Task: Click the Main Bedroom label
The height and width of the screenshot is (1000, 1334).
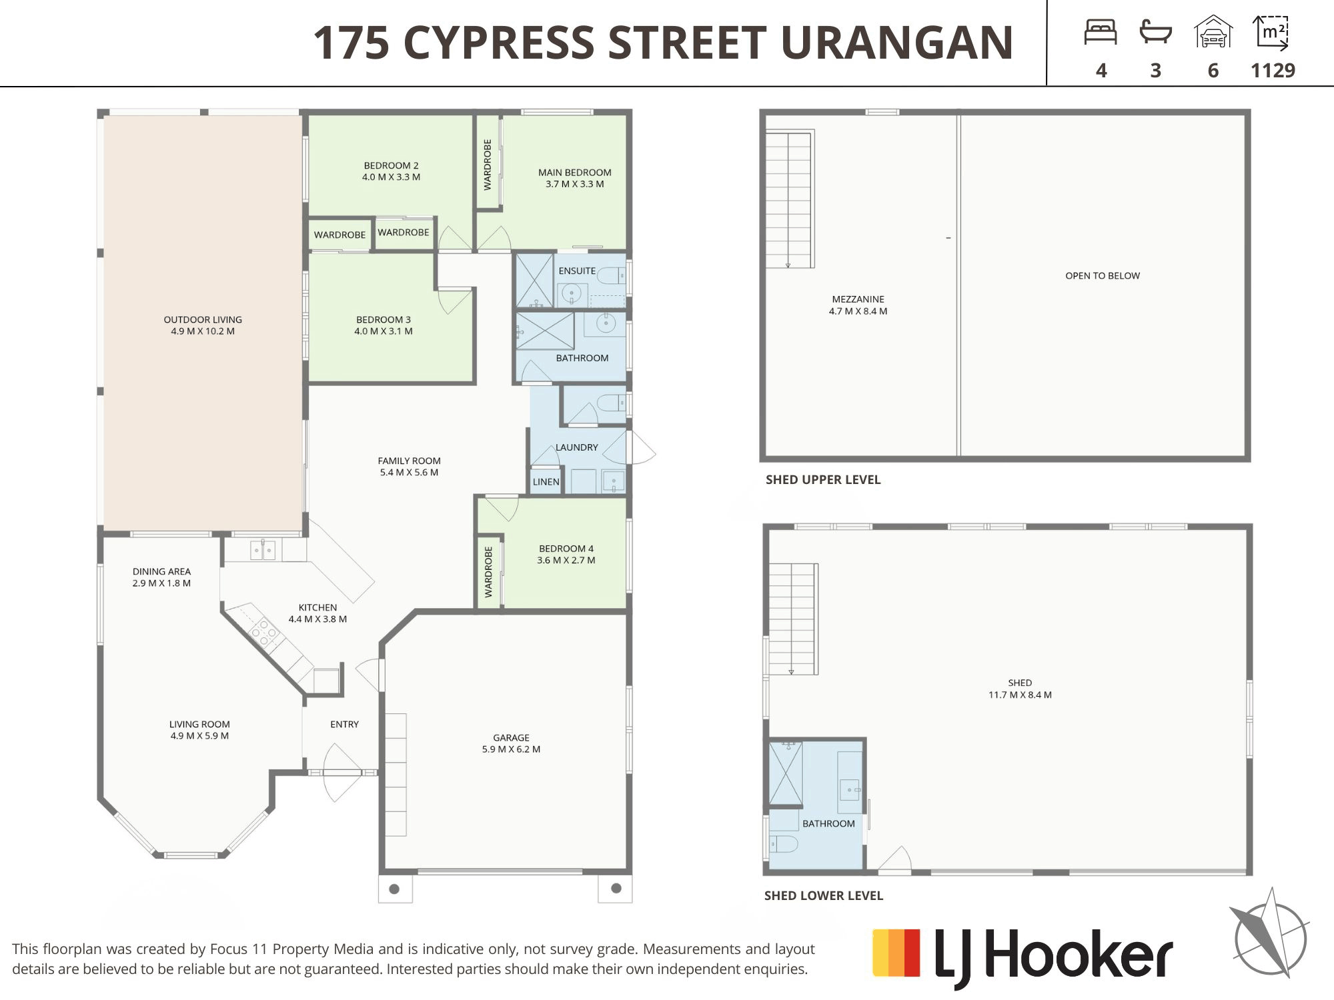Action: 574,178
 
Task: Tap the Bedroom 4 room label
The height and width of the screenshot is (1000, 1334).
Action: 566,554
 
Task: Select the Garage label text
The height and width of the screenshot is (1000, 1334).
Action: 511,743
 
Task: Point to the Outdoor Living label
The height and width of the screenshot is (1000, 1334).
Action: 203,325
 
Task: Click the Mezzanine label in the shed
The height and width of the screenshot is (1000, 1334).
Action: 858,305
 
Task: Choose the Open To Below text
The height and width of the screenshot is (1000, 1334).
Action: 1103,276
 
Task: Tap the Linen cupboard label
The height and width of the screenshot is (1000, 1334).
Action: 546,482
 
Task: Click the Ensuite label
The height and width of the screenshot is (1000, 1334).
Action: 577,271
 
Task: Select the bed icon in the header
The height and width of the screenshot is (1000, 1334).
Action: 1101,32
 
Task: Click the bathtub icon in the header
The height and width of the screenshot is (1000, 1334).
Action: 1156,32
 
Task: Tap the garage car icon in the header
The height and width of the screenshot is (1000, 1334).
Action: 1213,32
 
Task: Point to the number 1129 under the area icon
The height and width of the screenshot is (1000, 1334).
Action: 1273,71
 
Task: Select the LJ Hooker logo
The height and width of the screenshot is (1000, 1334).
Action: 1023,957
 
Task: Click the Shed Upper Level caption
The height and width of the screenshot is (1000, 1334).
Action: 823,480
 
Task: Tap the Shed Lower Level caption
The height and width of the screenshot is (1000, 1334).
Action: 824,896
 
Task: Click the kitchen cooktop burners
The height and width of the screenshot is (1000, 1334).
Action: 264,633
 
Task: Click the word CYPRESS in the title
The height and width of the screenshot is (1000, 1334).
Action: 499,43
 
